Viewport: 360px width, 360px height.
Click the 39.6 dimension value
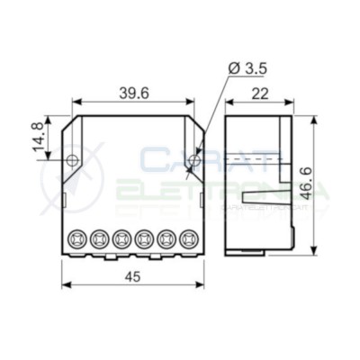point(134,94)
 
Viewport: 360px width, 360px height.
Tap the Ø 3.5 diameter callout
point(247,69)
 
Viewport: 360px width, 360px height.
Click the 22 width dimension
point(260,94)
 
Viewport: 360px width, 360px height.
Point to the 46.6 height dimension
point(307,184)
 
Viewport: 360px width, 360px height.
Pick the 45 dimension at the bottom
point(132,276)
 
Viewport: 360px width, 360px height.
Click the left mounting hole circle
point(72,160)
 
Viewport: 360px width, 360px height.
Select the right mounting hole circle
point(195,160)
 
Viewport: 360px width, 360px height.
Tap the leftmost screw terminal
point(76,239)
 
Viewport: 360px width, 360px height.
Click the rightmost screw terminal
point(188,239)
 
